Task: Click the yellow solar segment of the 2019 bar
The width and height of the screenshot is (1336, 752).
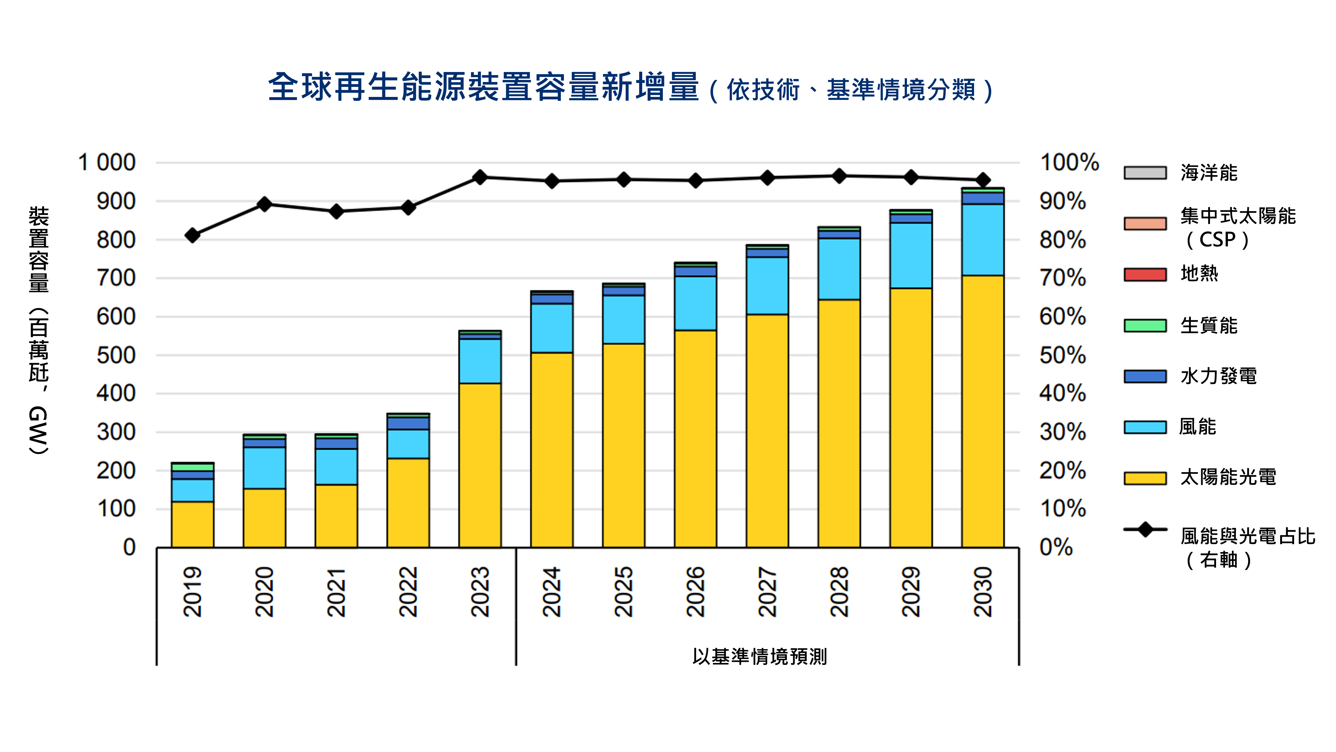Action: (193, 524)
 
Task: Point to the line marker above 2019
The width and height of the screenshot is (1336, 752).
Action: (193, 235)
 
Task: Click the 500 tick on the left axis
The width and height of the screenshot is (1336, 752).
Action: (116, 355)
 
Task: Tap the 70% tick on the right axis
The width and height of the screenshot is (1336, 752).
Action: (1062, 279)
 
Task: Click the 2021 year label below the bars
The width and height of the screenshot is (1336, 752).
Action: (336, 592)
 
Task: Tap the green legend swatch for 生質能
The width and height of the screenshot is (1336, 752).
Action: (1145, 325)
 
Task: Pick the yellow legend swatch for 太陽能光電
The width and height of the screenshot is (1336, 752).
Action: (1145, 478)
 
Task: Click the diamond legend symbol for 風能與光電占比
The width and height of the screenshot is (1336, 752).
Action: (1145, 529)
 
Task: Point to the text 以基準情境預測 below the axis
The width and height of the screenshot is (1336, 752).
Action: (759, 657)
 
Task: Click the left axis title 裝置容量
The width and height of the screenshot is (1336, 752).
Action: (39, 249)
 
